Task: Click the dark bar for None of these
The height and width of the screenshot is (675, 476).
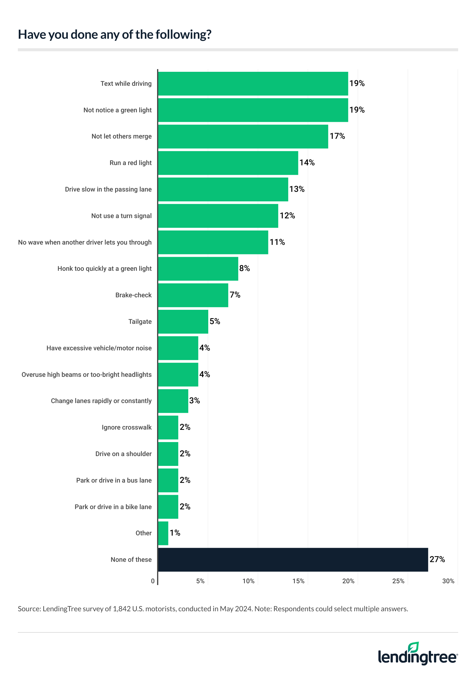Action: (x=293, y=559)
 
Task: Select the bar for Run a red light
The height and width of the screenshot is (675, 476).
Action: (x=228, y=163)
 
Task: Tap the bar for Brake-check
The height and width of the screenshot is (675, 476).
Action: (x=193, y=295)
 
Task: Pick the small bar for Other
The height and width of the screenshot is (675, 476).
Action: (x=163, y=533)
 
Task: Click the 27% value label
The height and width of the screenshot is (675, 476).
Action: (x=437, y=559)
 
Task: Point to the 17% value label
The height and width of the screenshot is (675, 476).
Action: (x=337, y=136)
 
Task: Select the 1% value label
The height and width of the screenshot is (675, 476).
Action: (x=175, y=533)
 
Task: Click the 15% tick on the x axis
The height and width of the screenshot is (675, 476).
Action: (x=298, y=581)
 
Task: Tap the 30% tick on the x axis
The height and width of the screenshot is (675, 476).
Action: (x=448, y=581)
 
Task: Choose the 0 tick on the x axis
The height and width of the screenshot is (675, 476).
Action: (x=153, y=581)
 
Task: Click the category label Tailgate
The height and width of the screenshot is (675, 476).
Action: (x=140, y=322)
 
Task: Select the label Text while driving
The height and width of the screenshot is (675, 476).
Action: (x=126, y=84)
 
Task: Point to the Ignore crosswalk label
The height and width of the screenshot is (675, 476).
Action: (x=126, y=427)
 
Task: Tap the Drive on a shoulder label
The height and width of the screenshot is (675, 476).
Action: (x=123, y=454)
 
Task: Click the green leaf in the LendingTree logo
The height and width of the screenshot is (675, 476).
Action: (x=414, y=648)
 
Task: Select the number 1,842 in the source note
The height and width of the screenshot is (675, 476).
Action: (x=122, y=609)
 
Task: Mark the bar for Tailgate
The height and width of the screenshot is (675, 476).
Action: (x=183, y=322)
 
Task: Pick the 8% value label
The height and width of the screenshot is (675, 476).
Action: (x=245, y=268)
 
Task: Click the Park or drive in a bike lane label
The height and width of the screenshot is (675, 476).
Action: (x=113, y=507)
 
